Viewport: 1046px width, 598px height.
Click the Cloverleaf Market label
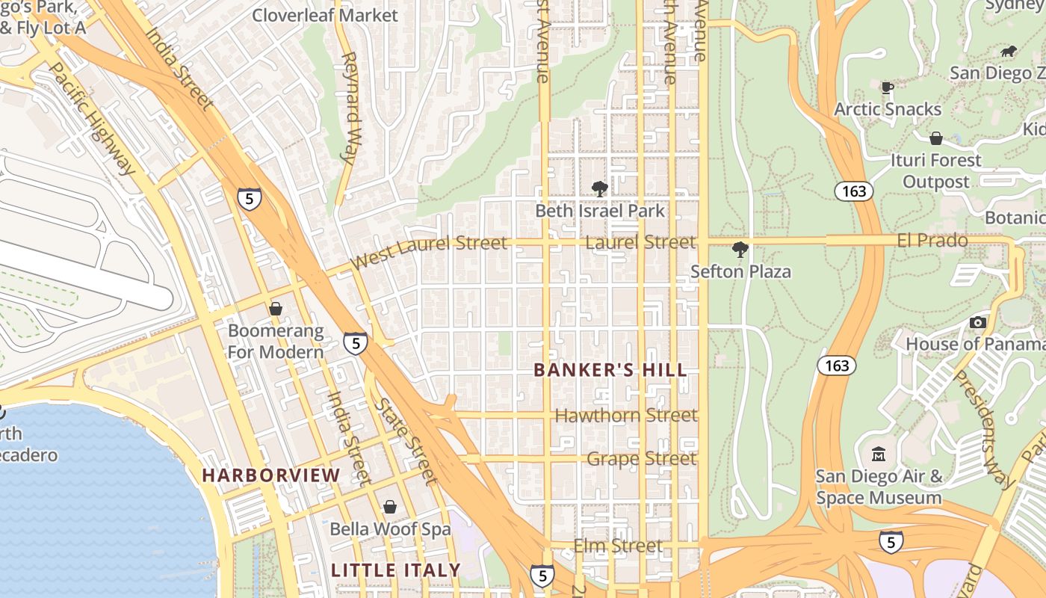coord(325,15)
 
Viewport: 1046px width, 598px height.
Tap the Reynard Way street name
coord(350,107)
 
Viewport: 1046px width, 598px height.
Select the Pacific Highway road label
coord(93,118)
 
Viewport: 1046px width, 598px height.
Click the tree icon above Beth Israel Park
coord(599,188)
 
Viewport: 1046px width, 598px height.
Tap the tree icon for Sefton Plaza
coord(740,249)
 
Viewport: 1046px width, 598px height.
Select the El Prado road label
coord(932,241)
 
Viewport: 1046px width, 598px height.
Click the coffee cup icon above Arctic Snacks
coord(888,87)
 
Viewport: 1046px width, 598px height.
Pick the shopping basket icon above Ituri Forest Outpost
coord(935,138)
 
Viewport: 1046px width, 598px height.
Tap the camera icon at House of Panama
coord(977,322)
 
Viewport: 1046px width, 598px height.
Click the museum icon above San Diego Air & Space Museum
coord(879,454)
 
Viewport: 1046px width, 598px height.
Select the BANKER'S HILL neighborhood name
coord(610,370)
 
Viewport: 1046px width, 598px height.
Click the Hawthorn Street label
coord(626,416)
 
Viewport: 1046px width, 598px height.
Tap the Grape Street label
coord(641,458)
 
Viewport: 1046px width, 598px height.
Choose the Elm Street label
coord(618,546)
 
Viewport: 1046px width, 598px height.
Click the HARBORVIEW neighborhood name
coord(271,475)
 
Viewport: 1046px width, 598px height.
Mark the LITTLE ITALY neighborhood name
coord(396,570)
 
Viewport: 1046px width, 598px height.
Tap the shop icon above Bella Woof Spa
coord(389,508)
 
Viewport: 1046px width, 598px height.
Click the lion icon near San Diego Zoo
coord(1008,52)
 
